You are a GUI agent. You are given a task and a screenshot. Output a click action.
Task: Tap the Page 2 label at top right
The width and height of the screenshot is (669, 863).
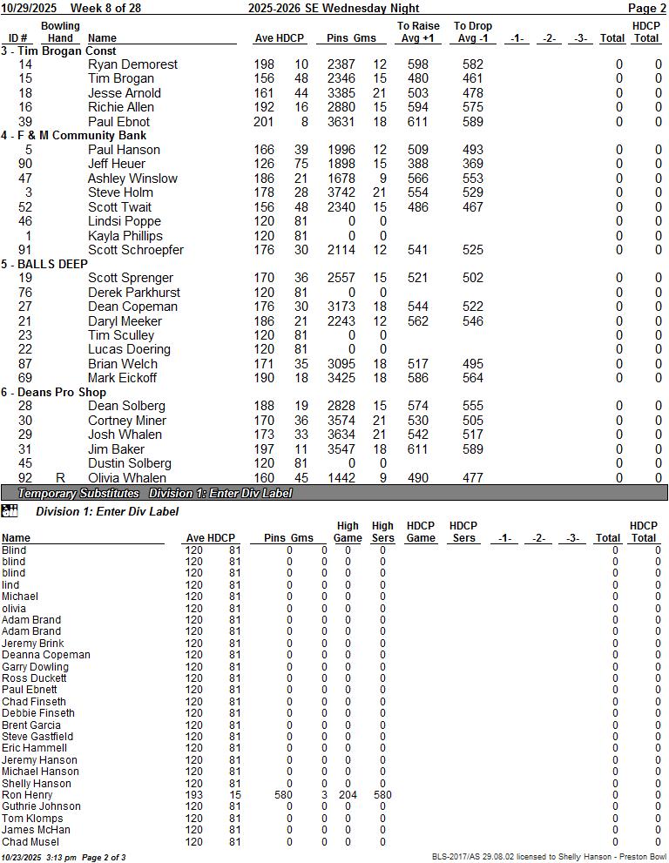646,8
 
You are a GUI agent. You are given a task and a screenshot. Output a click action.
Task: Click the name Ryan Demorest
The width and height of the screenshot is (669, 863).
132,64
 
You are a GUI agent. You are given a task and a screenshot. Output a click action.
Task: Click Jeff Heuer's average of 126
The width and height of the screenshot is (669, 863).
264,164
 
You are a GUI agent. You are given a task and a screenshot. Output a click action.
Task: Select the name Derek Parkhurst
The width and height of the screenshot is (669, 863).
134,293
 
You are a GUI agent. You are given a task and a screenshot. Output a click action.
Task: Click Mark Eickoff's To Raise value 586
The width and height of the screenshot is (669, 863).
418,378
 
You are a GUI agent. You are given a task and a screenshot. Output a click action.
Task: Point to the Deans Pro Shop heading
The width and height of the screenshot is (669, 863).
59,393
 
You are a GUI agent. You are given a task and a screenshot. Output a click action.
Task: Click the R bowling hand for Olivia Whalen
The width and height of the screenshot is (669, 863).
60,478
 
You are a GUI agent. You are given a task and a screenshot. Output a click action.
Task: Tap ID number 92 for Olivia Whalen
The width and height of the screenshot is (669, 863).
25,478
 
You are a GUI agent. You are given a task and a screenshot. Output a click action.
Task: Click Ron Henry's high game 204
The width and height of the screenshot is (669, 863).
348,795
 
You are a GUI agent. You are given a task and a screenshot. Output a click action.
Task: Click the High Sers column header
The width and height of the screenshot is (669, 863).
382,532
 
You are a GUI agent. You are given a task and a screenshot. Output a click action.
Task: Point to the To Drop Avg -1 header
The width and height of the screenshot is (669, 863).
473,32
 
